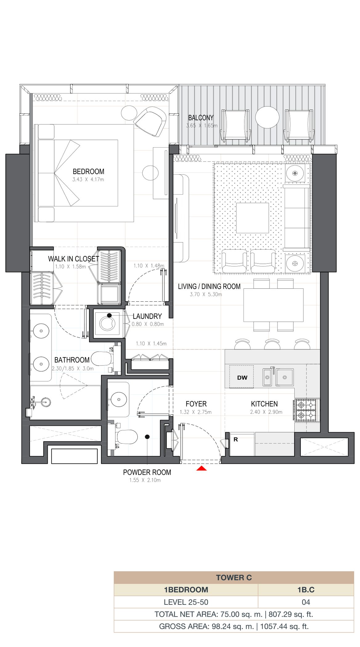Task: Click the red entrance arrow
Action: tap(202, 468)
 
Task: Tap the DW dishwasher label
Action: tap(242, 377)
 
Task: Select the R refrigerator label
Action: tap(236, 440)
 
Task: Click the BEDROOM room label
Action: tap(88, 172)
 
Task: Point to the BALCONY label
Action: tap(201, 118)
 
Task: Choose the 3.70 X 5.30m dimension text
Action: tap(206, 294)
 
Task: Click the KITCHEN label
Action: tap(264, 404)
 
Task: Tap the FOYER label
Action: tap(196, 404)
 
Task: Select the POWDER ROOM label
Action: tap(147, 472)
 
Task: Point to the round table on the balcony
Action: tap(267, 117)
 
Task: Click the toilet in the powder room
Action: tap(126, 437)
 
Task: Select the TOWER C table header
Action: tap(234, 578)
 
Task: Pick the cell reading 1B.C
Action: tap(306, 590)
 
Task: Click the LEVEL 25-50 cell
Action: tap(186, 602)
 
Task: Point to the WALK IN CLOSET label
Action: tap(74, 259)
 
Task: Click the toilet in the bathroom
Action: tap(103, 359)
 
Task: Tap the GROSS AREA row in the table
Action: tap(234, 626)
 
